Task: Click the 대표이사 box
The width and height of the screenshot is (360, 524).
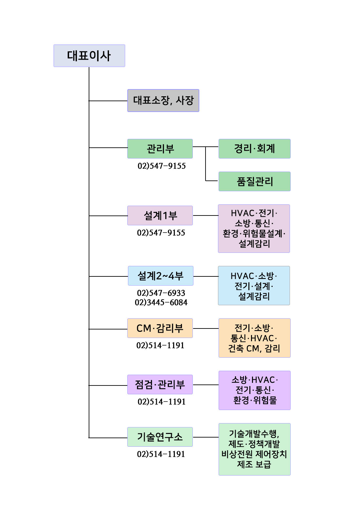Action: (89, 56)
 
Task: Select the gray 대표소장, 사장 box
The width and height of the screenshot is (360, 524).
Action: (163, 101)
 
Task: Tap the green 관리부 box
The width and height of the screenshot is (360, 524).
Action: (160, 149)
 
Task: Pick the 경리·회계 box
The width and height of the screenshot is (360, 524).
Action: (255, 149)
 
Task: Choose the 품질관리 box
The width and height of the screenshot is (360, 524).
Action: (255, 181)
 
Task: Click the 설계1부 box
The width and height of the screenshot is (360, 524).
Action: (160, 215)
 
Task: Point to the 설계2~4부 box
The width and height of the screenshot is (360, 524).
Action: (161, 276)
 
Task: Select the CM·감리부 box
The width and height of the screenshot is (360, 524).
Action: (160, 328)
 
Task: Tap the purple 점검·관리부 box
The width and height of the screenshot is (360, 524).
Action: (160, 384)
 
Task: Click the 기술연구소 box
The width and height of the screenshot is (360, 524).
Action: (160, 437)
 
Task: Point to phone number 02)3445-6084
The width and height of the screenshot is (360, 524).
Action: (161, 303)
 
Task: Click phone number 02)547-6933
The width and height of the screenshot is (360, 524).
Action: (161, 293)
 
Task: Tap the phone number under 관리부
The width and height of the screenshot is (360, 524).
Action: (162, 166)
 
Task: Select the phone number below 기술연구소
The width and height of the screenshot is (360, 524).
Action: (161, 454)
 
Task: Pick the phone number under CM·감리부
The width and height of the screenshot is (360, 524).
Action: (160, 345)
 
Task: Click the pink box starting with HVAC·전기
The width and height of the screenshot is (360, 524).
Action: (254, 229)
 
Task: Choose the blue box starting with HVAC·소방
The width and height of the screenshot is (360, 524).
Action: (254, 286)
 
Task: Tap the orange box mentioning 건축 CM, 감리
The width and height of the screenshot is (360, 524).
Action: (255, 338)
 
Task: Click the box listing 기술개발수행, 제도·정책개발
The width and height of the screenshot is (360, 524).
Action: (255, 449)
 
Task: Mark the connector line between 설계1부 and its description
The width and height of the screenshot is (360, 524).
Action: (206, 215)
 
